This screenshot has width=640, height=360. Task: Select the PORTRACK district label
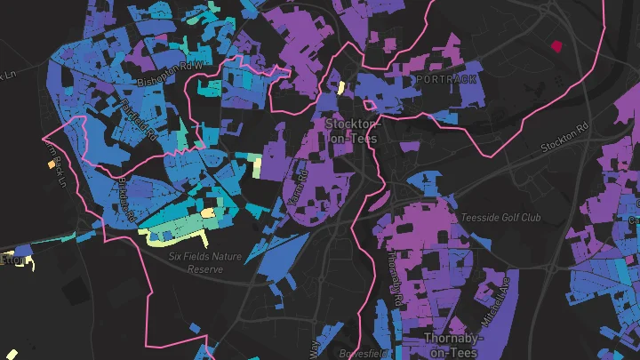coord(445,80)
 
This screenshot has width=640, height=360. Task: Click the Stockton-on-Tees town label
coord(351,131)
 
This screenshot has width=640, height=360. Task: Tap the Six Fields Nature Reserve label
coord(205,261)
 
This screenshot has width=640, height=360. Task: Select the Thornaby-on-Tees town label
coord(453,346)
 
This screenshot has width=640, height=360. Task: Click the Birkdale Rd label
coord(126,197)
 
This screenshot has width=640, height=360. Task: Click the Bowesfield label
coord(365,354)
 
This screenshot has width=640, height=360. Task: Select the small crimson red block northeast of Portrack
coord(557,45)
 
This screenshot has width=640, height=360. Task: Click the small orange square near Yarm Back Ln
coord(50,164)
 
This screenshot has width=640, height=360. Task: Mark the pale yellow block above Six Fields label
coord(208,213)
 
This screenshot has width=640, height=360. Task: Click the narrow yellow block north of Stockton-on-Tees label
coord(340,88)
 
